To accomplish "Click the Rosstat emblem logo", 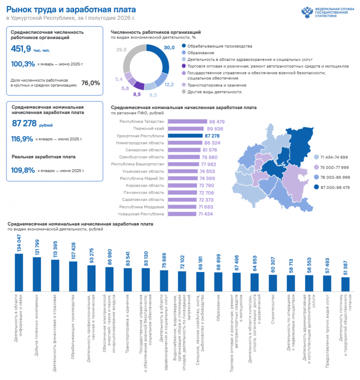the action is click(x=307, y=12).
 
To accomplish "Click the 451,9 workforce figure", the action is click(x=21, y=49).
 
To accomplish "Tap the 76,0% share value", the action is click(x=91, y=83).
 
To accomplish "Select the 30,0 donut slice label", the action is click(x=169, y=47).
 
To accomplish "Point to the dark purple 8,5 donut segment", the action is click(x=139, y=85).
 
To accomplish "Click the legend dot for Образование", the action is click(x=184, y=53).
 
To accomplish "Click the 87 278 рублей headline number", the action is click(x=24, y=123).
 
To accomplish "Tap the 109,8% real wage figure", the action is click(x=23, y=170).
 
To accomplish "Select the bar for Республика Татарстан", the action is click(x=188, y=121).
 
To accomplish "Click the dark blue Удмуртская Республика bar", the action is click(x=185, y=136).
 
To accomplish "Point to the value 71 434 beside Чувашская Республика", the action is click(x=205, y=214).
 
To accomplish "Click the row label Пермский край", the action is click(x=149, y=128).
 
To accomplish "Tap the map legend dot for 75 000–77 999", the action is click(x=316, y=167).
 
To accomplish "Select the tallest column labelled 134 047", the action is click(x=19, y=272).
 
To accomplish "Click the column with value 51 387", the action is click(x=346, y=284).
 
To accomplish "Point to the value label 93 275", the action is click(x=91, y=256).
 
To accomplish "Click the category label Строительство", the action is click(x=273, y=309).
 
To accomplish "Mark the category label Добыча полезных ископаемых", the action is click(x=36, y=325).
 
